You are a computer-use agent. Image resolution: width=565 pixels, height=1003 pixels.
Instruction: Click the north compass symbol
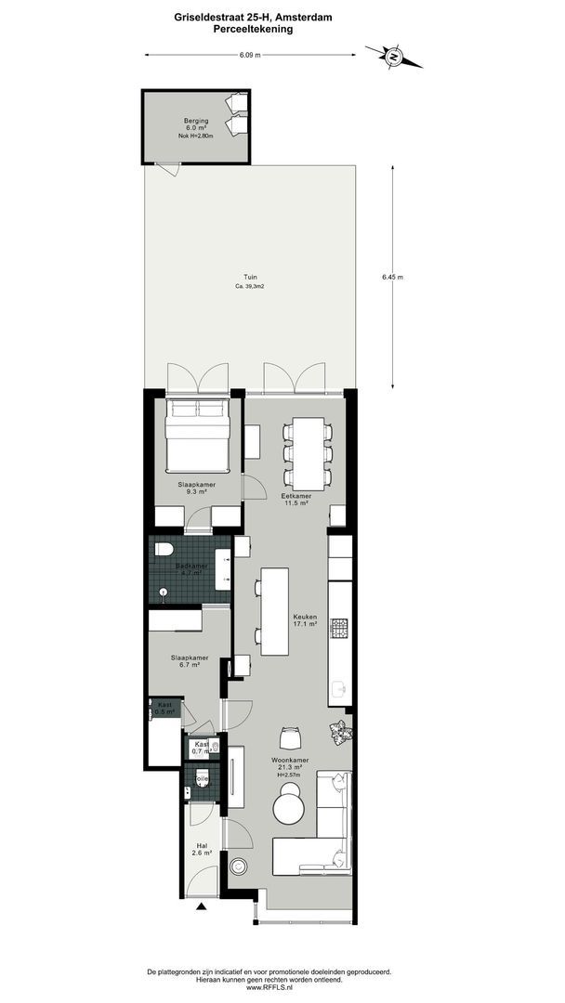pyautogui.click(x=393, y=58)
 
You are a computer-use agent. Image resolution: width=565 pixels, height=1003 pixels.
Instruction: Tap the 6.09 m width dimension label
pyautogui.click(x=250, y=55)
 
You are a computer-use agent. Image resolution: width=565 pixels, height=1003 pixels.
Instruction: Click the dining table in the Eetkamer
pyautogui.click(x=306, y=453)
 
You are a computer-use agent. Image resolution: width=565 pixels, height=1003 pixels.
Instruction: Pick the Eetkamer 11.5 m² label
pyautogui.click(x=296, y=500)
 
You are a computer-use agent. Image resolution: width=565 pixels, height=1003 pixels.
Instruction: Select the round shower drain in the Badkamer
pyautogui.click(x=163, y=589)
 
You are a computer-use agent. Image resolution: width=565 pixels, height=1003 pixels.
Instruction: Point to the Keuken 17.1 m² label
pyautogui.click(x=306, y=620)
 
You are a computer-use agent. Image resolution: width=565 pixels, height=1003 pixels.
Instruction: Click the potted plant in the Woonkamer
pyautogui.click(x=337, y=732)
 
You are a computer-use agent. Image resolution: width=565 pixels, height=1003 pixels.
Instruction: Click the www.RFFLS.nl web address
pyautogui.click(x=269, y=987)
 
